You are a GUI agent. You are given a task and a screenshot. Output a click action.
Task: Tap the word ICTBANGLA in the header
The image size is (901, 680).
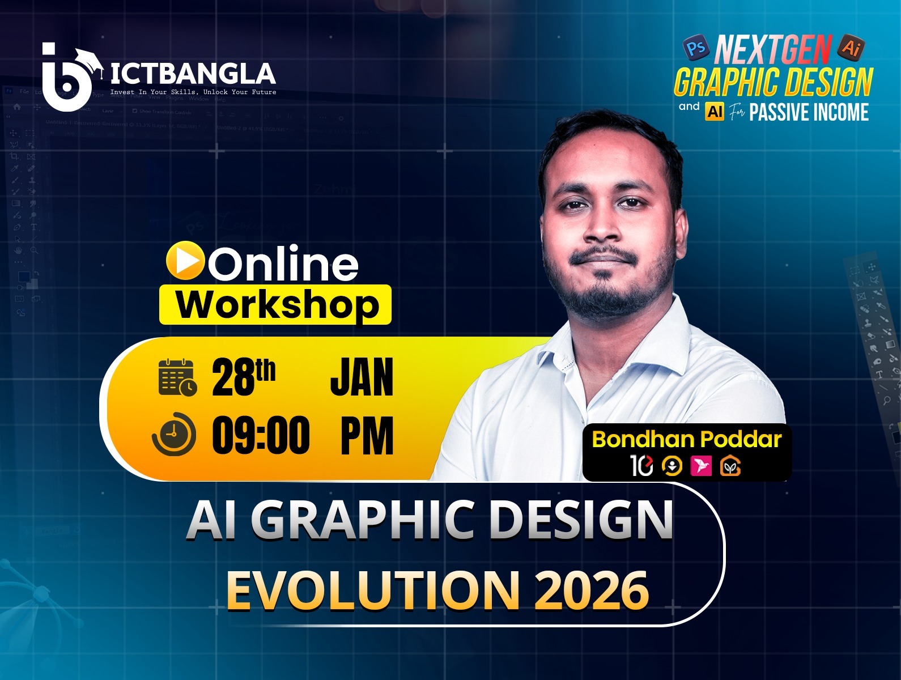[193, 74]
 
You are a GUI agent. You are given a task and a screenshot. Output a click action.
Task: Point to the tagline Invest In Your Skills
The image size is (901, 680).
[193, 92]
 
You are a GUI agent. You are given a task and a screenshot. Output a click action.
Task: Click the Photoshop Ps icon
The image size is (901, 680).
[696, 48]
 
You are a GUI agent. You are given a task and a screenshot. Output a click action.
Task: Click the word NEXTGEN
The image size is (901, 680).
[773, 50]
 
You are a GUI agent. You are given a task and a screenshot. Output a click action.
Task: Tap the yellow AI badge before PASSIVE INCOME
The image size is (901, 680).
[715, 112]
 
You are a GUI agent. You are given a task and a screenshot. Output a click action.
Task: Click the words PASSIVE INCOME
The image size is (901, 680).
[809, 112]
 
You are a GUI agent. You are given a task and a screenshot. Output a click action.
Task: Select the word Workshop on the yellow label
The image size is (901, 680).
[277, 305]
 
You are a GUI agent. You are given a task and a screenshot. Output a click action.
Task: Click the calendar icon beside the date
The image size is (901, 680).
[177, 377]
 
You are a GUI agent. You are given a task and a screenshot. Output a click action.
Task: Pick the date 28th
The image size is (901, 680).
[244, 378]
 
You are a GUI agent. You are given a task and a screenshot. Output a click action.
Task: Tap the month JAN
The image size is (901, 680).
[362, 378]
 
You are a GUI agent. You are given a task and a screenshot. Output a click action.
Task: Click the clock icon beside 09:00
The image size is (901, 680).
[174, 434]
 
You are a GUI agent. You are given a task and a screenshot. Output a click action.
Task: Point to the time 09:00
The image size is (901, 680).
[261, 435]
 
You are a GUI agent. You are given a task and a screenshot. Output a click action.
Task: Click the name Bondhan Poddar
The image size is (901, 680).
[686, 439]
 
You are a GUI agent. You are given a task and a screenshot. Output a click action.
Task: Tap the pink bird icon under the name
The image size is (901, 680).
[701, 466]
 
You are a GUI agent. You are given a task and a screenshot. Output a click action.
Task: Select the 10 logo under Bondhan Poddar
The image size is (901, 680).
[641, 466]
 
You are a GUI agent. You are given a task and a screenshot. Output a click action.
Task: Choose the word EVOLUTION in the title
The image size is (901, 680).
[373, 590]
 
